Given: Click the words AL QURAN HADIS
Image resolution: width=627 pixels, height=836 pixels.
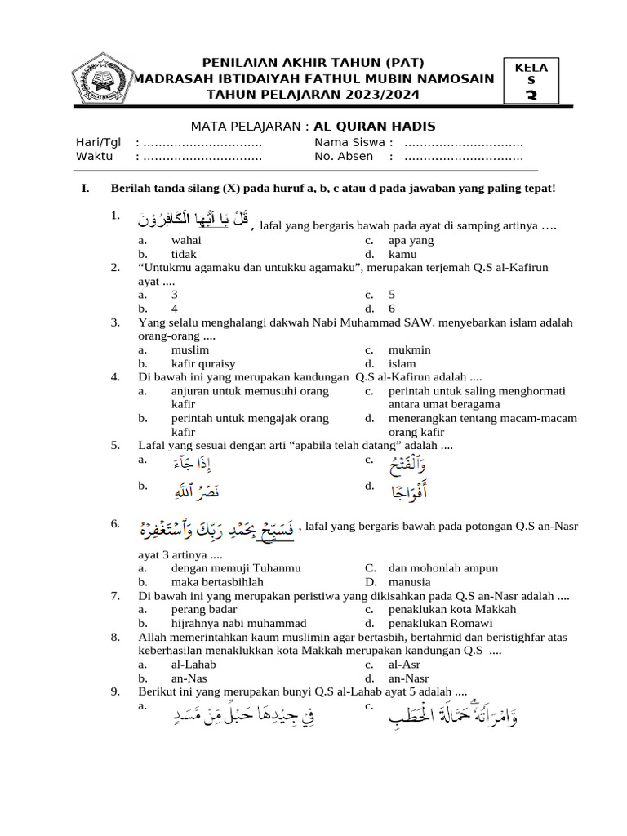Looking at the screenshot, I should [x=375, y=126].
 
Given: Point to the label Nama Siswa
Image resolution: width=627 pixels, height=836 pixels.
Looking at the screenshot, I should [x=342, y=143].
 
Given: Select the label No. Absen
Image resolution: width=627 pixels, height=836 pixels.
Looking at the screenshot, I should [x=344, y=156].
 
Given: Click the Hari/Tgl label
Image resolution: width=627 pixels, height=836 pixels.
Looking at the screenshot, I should [x=98, y=143].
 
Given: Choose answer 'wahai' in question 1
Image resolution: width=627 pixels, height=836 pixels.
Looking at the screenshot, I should [x=186, y=240].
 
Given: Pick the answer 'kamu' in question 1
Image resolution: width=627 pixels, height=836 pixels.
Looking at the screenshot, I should [x=402, y=254].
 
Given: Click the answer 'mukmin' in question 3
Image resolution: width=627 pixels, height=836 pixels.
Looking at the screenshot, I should [x=409, y=349].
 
